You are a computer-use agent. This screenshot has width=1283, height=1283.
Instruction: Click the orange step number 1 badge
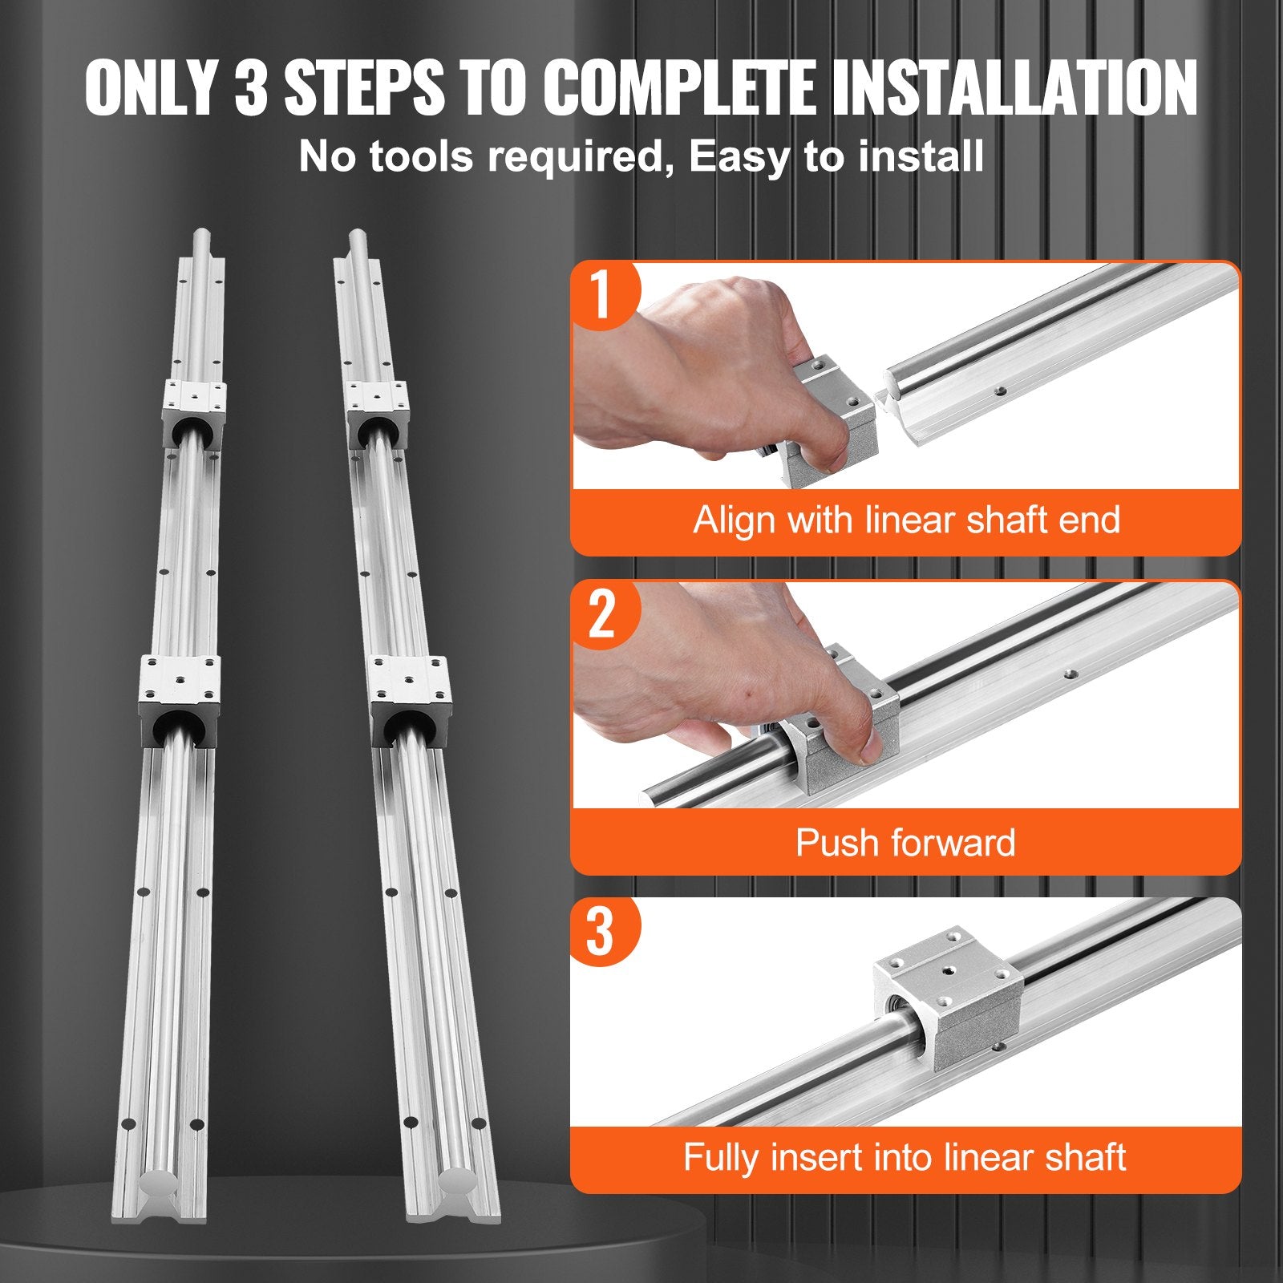[601, 294]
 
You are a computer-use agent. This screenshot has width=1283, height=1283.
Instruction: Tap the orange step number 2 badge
[601, 613]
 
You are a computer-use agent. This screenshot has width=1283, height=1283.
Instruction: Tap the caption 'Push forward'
[905, 843]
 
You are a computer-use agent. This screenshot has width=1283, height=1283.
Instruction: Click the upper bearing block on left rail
[193, 411]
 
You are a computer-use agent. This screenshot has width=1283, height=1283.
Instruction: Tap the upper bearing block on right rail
[377, 411]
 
